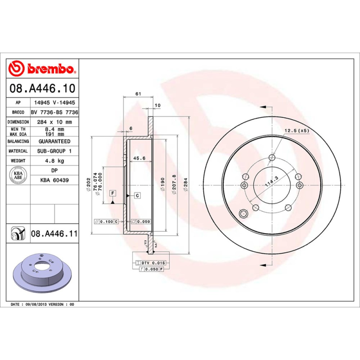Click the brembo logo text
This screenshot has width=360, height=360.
coord(48,69)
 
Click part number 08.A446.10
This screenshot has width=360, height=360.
coord(42,88)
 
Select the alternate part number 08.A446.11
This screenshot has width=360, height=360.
coord(54,234)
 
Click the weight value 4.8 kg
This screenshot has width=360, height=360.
coord(54,161)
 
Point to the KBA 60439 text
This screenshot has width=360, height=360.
coord(54,180)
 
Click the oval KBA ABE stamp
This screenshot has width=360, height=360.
coord(18,175)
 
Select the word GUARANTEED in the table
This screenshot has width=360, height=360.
coord(54,141)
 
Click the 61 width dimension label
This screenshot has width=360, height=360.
coord(139,94)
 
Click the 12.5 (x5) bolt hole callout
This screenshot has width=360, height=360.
coord(297,130)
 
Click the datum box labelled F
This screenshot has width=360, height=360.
coord(112,193)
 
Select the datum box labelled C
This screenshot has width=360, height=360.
coord(136,195)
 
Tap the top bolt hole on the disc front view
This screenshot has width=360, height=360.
coord(271,157)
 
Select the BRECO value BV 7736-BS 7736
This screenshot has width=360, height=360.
coord(54,112)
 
